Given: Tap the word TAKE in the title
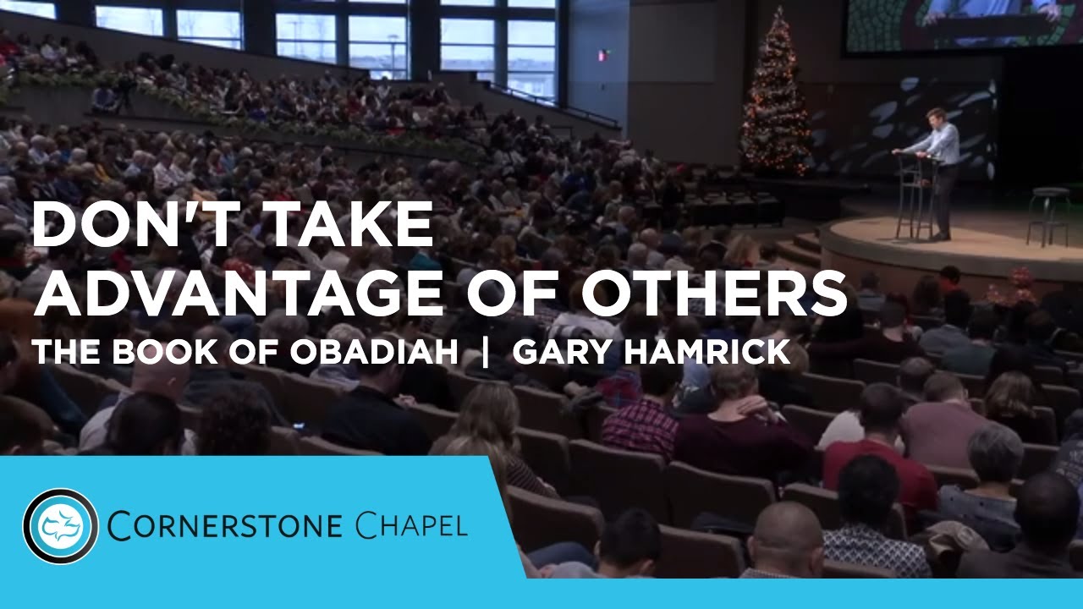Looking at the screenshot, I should coord(348,227).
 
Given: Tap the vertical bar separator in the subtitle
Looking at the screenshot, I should coord(486,353).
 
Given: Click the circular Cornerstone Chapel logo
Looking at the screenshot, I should coord(61,526).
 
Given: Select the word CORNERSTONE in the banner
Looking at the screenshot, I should coord(225,526).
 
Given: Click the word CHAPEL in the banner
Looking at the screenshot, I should coord(411,526).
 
